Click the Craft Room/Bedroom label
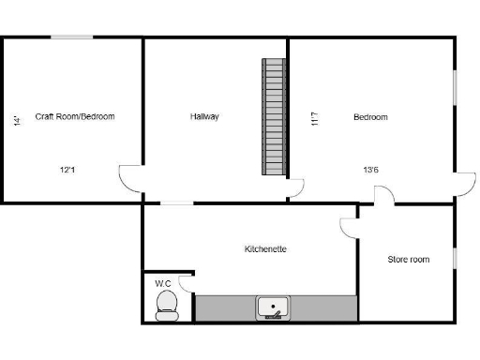pos(75,117)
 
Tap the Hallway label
pos(204,117)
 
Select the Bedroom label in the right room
pos(370,117)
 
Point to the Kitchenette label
pos(265,249)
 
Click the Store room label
pos(409,260)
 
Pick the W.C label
pos(162,282)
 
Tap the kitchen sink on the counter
pos(274,307)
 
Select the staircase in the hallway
pos(273,116)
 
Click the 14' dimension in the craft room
pos(17,120)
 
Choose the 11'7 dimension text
pos(315,120)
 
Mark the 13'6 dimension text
pos(371,170)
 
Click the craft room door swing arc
pos(129,178)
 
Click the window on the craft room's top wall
pos(71,37)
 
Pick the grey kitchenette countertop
pos(225,307)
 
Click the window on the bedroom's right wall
pos(455,98)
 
